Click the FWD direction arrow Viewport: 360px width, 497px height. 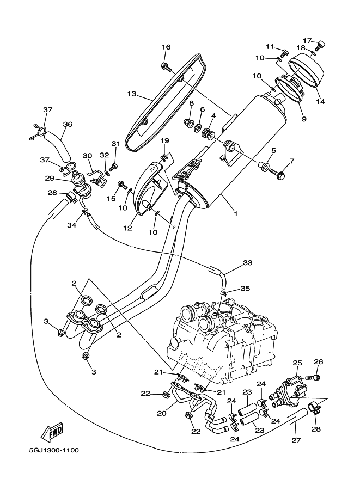pos(52,432)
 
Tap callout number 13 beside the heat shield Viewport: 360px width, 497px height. pos(132,94)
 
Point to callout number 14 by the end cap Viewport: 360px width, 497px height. pos(320,101)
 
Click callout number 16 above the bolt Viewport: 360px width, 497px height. pos(166,47)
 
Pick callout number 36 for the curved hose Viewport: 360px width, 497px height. pos(68,124)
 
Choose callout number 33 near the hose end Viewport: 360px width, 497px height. pos(248,262)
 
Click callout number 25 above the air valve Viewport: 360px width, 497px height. pos(297,363)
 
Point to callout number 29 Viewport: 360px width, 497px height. pos(50,179)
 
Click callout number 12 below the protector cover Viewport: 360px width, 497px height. pos(127,228)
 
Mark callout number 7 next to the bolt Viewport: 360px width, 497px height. pos(291,161)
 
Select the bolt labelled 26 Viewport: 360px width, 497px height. pos(313,377)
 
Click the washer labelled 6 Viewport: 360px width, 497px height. pos(197,127)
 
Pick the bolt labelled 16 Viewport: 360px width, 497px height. pos(166,67)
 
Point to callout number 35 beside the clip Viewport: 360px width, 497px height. pos(245,289)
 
